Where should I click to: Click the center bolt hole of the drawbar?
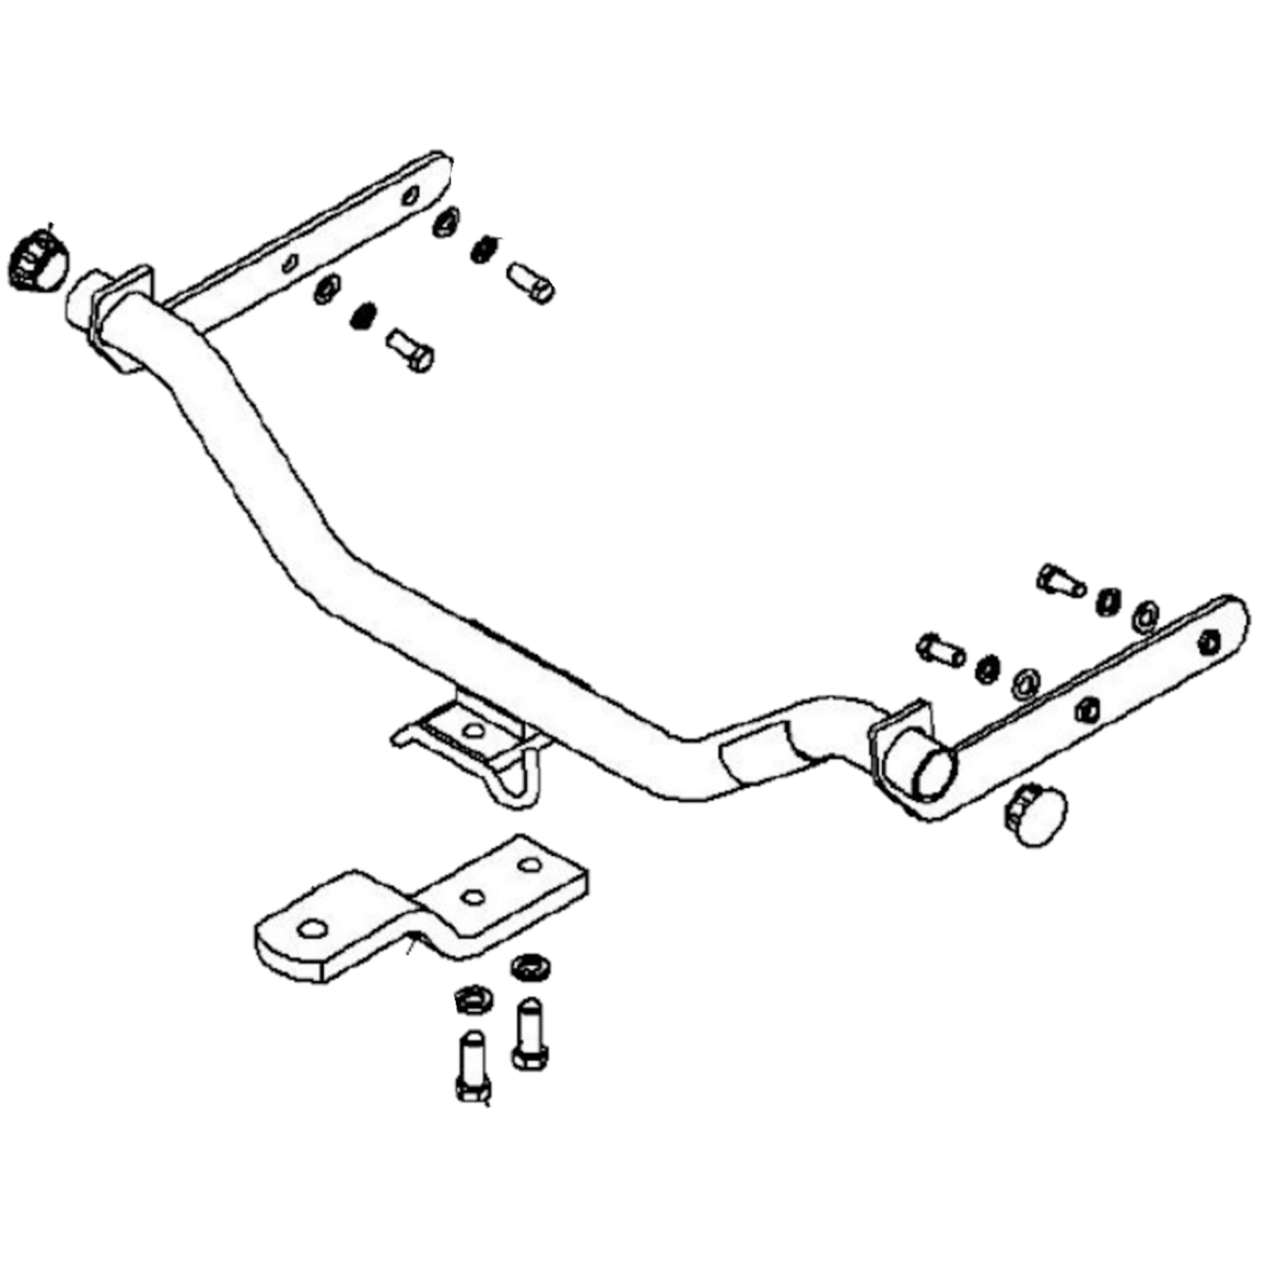click(x=472, y=897)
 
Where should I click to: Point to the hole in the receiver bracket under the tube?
click(x=473, y=730)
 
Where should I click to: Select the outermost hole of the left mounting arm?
click(x=411, y=195)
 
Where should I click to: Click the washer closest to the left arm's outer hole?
click(x=446, y=222)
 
